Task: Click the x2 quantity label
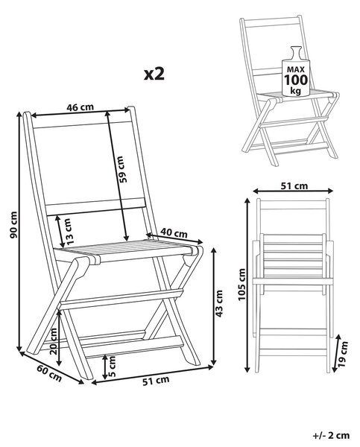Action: tap(154, 74)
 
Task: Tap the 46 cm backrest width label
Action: tap(80, 107)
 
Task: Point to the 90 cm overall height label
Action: tap(13, 225)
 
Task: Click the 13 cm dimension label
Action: tap(69, 232)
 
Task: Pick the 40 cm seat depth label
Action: tap(174, 233)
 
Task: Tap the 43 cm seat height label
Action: tap(219, 303)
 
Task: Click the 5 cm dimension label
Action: tap(112, 367)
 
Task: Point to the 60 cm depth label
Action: tap(49, 373)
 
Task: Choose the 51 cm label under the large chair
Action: tap(156, 381)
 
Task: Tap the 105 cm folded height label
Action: tap(242, 285)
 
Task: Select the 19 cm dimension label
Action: tap(343, 354)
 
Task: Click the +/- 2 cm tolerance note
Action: tap(331, 436)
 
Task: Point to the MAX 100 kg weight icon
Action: tap(296, 72)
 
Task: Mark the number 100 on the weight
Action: tap(296, 80)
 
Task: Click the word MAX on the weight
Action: tap(296, 69)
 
